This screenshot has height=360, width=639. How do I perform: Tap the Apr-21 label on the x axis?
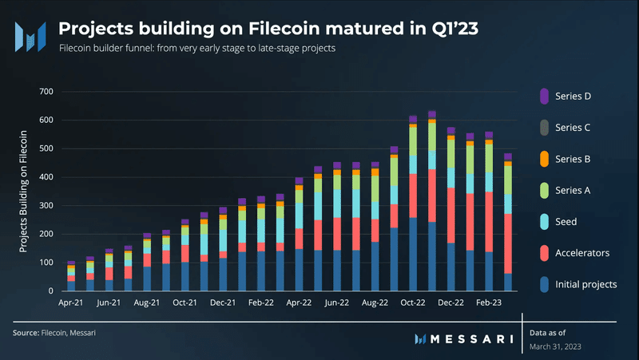(x=71, y=304)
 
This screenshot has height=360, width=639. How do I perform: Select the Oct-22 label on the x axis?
(x=413, y=304)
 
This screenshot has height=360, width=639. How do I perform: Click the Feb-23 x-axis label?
(x=489, y=304)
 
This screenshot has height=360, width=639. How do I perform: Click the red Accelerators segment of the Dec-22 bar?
(x=451, y=216)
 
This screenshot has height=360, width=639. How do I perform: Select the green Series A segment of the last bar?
(x=508, y=180)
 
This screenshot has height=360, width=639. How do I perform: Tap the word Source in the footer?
(x=25, y=330)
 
